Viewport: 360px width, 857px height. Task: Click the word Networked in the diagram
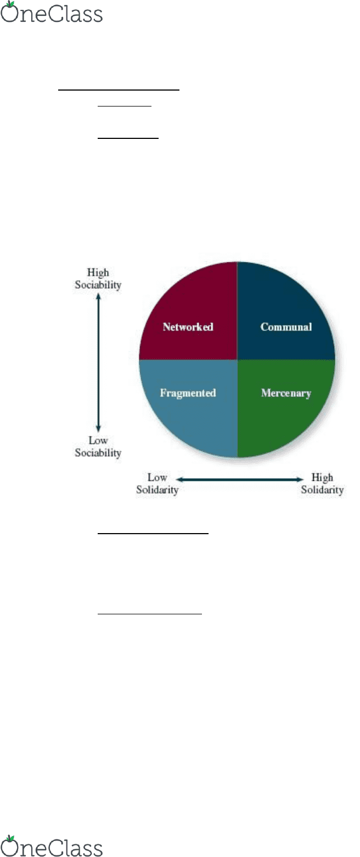coord(188,327)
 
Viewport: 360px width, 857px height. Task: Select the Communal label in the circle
coord(286,327)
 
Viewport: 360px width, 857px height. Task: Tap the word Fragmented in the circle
coord(188,393)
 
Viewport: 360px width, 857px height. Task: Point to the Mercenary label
coord(286,393)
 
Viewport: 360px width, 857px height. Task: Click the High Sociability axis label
coord(98,278)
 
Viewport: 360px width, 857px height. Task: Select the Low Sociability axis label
coord(98,446)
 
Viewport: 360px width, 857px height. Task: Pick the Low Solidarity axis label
coord(157,484)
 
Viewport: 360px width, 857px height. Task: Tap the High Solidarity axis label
coord(322,484)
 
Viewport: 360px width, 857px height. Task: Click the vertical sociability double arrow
coord(98,362)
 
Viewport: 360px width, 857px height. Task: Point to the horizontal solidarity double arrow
coord(239,479)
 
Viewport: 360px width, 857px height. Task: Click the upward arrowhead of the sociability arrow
coord(98,296)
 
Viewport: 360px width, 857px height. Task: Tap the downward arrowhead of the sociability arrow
coord(98,429)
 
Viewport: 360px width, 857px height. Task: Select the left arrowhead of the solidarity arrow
coord(179,479)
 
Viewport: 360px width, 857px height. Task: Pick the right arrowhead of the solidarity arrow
coord(300,479)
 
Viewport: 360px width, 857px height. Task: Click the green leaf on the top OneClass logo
coord(10,4)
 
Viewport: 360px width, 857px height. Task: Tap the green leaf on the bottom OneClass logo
coord(10,839)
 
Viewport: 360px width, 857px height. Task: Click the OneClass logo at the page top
coord(52,12)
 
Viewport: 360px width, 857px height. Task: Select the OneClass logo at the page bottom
coord(52,847)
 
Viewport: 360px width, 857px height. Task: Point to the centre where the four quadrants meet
coord(237,360)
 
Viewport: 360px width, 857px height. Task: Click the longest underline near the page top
coord(119,90)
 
